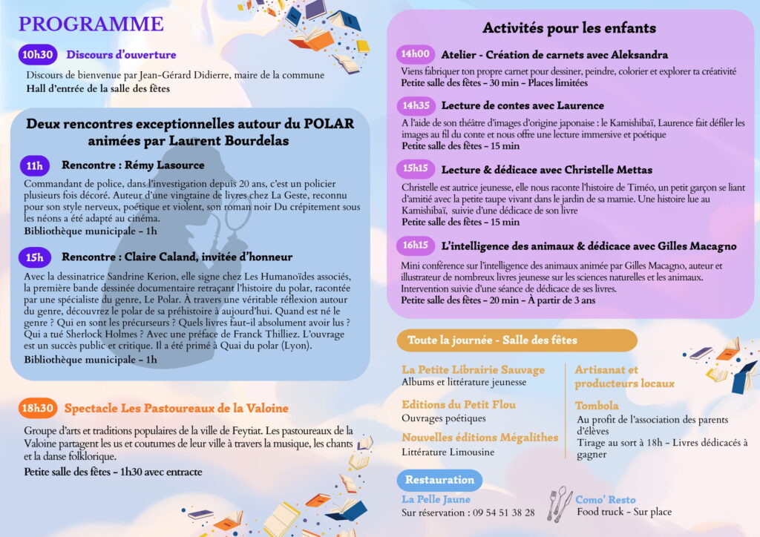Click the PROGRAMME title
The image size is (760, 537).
click(91, 24)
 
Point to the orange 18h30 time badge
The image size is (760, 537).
click(38, 408)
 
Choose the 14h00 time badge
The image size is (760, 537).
click(416, 54)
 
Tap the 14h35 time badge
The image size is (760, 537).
click(416, 105)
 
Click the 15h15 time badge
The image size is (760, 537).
click(416, 169)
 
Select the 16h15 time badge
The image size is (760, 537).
click(416, 246)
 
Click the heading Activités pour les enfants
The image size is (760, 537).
click(569, 28)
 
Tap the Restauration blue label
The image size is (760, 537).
click(439, 479)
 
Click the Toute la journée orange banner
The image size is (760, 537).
click(517, 340)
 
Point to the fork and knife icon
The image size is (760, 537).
click(559, 503)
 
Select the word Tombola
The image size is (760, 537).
click(596, 406)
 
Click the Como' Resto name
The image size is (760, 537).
click(606, 500)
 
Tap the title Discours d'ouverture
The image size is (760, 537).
click(121, 54)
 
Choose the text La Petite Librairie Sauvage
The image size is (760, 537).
click(473, 369)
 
